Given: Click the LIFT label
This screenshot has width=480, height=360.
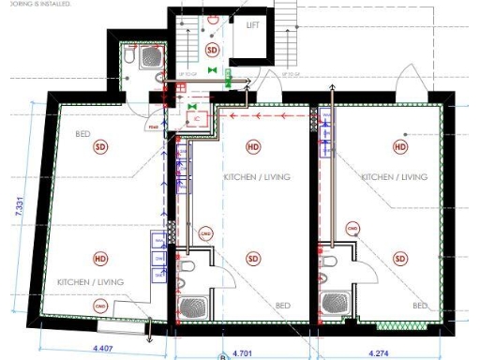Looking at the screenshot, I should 252,25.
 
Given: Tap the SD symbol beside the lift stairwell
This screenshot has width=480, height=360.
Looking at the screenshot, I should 212,49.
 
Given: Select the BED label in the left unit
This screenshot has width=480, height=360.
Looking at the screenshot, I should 83,134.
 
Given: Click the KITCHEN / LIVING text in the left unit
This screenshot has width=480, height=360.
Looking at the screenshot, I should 91,281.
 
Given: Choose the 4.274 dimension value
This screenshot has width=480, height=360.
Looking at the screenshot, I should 380,352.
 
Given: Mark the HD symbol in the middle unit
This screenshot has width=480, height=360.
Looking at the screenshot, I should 253,147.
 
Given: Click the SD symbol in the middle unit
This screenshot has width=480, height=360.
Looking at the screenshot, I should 253,259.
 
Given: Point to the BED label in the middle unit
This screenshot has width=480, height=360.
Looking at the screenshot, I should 282,306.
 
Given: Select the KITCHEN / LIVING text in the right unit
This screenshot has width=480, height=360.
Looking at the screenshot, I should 394,176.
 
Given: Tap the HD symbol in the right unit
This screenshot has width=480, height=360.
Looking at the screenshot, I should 400,147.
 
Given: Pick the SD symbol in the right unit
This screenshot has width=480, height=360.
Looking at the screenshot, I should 400,259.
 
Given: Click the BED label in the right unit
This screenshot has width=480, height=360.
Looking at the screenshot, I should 421,307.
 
